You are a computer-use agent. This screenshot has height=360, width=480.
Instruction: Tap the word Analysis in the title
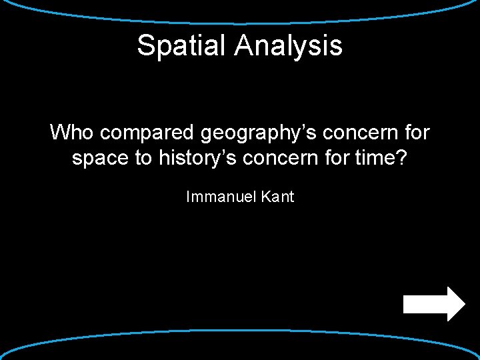288,45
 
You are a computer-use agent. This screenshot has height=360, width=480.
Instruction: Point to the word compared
147,133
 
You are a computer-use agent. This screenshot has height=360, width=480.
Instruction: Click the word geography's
261,133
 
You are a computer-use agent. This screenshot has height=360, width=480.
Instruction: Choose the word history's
195,159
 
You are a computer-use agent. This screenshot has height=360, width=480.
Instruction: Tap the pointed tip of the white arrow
464,304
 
